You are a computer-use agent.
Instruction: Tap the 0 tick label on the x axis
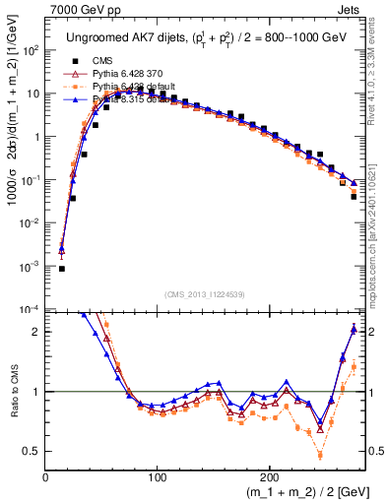45,478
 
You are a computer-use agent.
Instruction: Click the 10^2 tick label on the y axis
30,50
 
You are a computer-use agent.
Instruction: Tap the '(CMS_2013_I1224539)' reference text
205,294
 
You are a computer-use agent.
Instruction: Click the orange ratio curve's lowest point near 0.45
320,456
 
